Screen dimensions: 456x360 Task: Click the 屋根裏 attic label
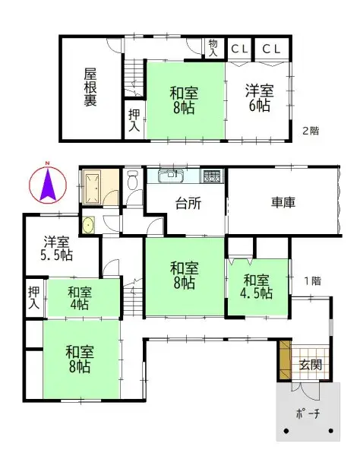click(90, 88)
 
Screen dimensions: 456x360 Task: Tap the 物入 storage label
click(213, 49)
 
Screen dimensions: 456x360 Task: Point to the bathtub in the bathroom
click(95, 186)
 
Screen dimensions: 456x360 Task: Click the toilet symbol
click(134, 182)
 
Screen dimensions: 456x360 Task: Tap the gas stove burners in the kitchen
click(211, 177)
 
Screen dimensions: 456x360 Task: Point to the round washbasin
click(90, 225)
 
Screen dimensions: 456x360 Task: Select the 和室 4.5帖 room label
click(258, 287)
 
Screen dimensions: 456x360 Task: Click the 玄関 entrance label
click(309, 365)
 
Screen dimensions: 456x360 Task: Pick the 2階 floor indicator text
click(311, 130)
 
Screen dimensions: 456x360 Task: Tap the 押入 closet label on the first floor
click(34, 297)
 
